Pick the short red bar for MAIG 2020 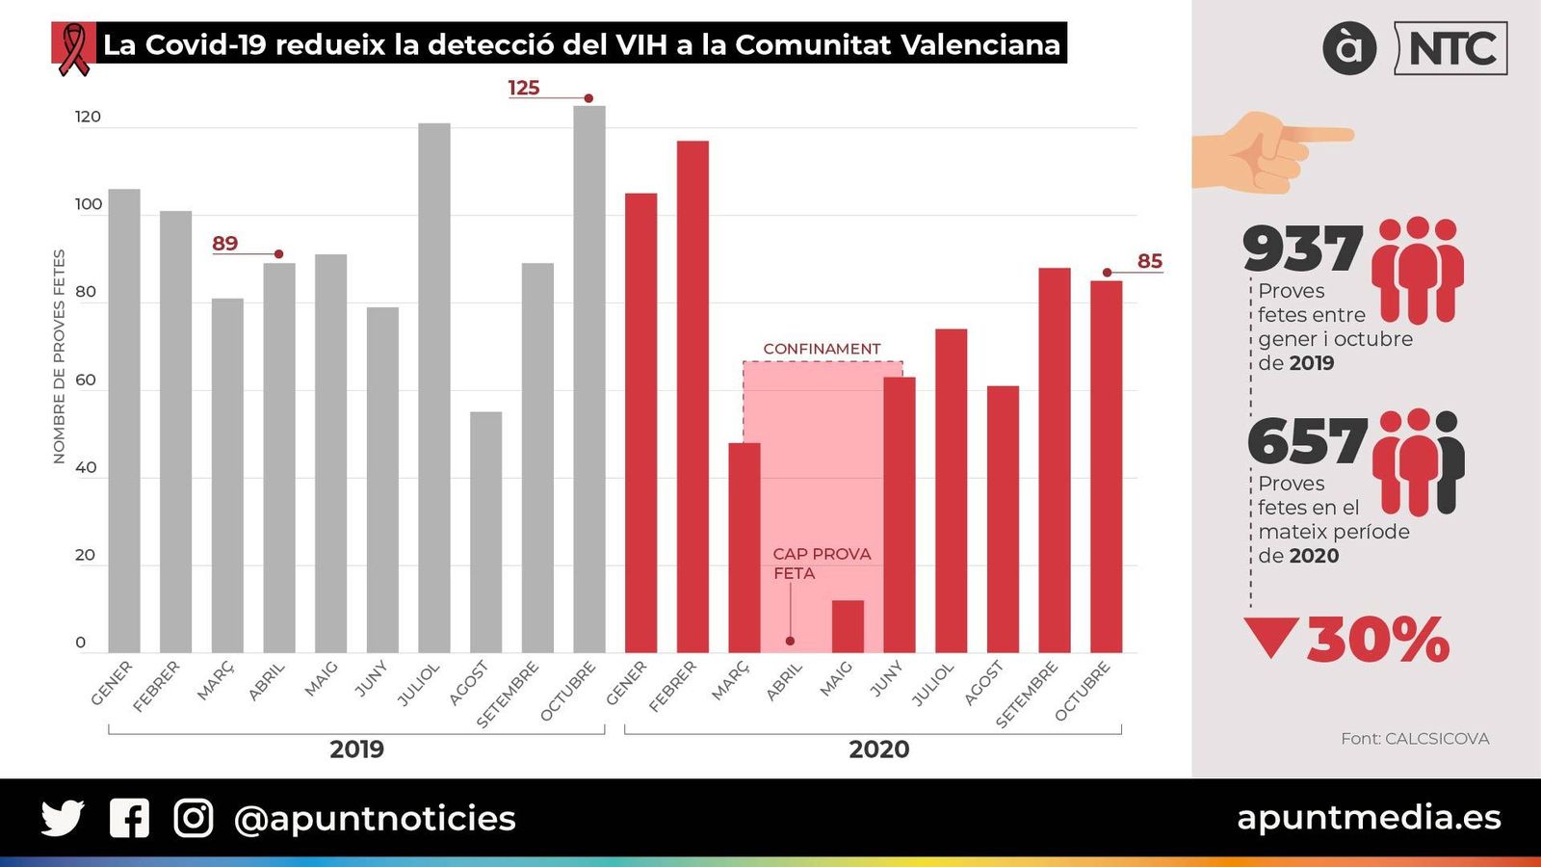[x=848, y=626]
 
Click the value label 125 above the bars [x=524, y=88]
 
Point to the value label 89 [x=225, y=244]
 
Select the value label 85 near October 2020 [x=1150, y=261]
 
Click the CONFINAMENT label [x=822, y=349]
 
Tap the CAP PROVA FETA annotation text [x=821, y=564]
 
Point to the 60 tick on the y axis [x=86, y=380]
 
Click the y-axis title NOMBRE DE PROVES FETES [x=60, y=356]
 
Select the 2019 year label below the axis [x=356, y=749]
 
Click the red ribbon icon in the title [x=73, y=46]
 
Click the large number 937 [x=1302, y=249]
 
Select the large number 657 [x=1307, y=441]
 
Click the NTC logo [x=1451, y=48]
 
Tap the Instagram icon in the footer [x=194, y=818]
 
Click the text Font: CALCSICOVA [x=1414, y=739]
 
